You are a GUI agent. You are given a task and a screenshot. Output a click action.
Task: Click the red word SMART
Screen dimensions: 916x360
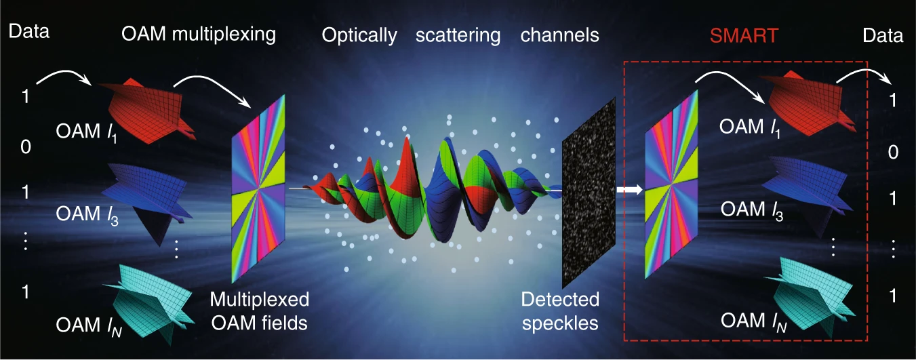pyautogui.click(x=744, y=36)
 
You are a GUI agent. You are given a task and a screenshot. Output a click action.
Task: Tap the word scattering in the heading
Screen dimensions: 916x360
pyautogui.click(x=458, y=36)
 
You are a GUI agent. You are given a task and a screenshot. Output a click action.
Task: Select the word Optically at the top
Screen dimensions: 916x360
pyautogui.click(x=359, y=36)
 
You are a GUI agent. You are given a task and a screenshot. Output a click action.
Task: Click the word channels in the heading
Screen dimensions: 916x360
pyautogui.click(x=559, y=35)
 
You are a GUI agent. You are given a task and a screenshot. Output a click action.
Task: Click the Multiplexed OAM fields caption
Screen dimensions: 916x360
pyautogui.click(x=259, y=311)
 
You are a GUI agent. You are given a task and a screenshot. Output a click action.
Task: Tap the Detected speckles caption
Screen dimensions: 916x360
pyautogui.click(x=560, y=311)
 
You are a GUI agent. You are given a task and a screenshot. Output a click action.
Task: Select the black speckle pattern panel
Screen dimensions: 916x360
pyautogui.click(x=589, y=193)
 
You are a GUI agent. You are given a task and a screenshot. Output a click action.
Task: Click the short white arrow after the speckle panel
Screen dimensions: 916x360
pyautogui.click(x=630, y=190)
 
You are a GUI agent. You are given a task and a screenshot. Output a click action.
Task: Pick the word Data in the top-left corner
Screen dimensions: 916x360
pyautogui.click(x=28, y=31)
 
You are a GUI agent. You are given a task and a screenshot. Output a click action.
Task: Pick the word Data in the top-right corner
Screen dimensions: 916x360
pyautogui.click(x=883, y=36)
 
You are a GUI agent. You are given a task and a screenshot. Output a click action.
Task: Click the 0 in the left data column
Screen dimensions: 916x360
pyautogui.click(x=26, y=146)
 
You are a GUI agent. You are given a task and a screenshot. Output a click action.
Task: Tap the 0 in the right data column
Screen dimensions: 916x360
pyautogui.click(x=893, y=152)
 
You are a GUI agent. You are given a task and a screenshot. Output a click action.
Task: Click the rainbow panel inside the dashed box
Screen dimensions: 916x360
pyautogui.click(x=671, y=184)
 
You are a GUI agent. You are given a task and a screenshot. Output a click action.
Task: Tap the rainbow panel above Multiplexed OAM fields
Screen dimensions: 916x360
pyautogui.click(x=258, y=188)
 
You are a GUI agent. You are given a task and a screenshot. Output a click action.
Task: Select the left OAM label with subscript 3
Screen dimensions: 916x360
pyautogui.click(x=87, y=215)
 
